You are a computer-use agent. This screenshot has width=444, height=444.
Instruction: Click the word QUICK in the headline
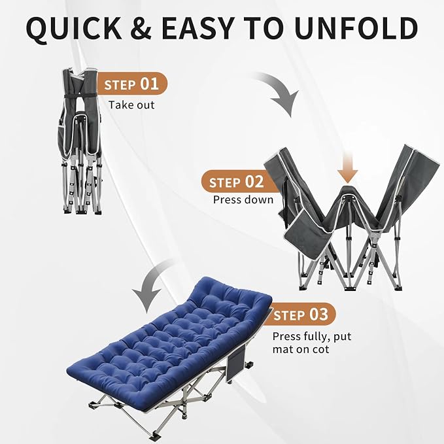click(x=74, y=28)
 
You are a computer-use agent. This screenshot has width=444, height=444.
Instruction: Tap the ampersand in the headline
click(x=141, y=28)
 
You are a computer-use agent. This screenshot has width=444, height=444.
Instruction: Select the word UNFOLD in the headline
click(x=356, y=28)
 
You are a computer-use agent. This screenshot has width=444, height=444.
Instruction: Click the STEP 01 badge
click(x=132, y=84)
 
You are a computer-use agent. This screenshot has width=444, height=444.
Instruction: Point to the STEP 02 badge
click(x=237, y=182)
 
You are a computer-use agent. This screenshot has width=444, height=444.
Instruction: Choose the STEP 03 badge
click(x=301, y=315)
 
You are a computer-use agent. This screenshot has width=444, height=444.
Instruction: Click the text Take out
click(x=131, y=105)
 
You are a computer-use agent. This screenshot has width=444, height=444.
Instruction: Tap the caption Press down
click(x=243, y=199)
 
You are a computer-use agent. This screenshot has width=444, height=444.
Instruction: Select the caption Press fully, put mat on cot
click(x=312, y=343)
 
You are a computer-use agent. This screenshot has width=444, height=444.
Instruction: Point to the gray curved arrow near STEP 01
click(x=281, y=90)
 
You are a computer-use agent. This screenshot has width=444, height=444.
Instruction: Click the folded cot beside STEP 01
click(x=80, y=141)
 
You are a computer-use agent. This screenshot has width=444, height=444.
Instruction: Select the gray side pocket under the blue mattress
click(x=235, y=364)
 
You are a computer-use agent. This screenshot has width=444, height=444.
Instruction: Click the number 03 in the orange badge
click(x=318, y=315)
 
